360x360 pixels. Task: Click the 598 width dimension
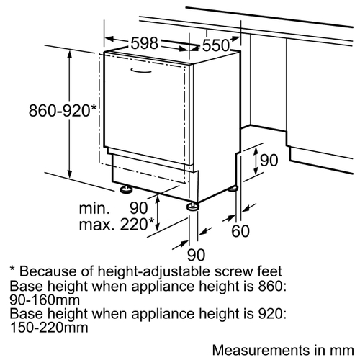pos(145,43)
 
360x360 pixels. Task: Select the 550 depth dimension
pos(216,45)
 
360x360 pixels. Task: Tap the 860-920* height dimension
pos(63,111)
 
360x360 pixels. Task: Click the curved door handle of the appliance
pos(141,71)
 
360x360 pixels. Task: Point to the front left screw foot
pos(126,189)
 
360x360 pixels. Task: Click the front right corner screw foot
pos(193,207)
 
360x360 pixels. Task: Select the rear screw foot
pos(233,189)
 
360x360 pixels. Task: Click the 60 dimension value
pos(240,231)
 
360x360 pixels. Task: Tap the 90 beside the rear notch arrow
pos(269,161)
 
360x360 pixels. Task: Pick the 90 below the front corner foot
pos(197,255)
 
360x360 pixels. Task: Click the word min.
pos(94,208)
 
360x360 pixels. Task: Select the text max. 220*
pos(117,225)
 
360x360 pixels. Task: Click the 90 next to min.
pos(139,208)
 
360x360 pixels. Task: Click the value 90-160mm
pos(45,300)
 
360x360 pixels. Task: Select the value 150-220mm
pos(49,328)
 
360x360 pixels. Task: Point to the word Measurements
pos(261,350)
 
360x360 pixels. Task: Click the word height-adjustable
pos(154,272)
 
